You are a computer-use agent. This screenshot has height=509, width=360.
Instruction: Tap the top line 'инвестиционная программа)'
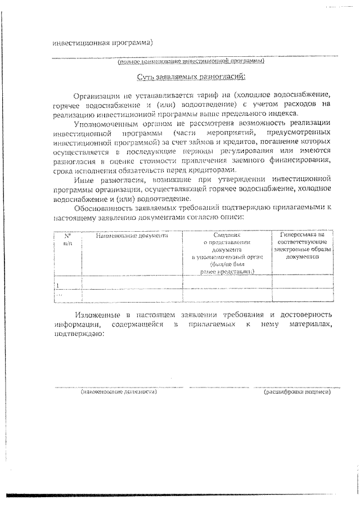coord(102,42)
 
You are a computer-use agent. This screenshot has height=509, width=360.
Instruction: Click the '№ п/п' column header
coord(67,240)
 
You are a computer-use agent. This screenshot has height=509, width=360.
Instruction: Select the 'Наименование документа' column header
coord(132,236)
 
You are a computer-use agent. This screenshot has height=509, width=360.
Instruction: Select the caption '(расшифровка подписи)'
coord(298,391)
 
